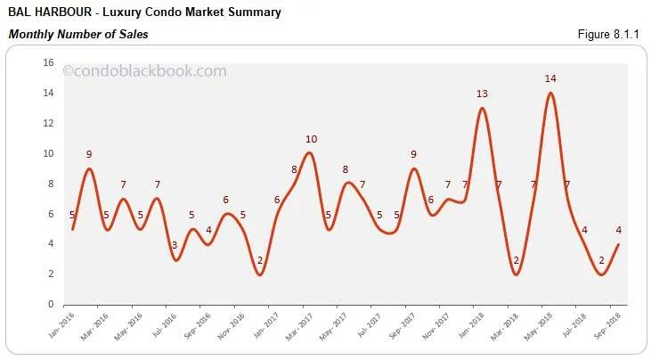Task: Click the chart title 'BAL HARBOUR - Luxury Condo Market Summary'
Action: click(144, 12)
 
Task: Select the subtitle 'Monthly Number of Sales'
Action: click(78, 34)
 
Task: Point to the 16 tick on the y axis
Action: click(49, 62)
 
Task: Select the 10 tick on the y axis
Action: click(49, 153)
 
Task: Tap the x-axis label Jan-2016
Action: click(62, 326)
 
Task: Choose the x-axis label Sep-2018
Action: click(608, 326)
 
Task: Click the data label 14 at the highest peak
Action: click(550, 79)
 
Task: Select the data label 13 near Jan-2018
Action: click(482, 94)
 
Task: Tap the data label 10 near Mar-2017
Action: click(311, 139)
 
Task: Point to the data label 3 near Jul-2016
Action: click(175, 244)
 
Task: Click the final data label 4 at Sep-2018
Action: click(618, 229)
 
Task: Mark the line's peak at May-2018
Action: click(550, 93)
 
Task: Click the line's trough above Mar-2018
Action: click(517, 274)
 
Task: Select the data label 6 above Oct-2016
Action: click(226, 200)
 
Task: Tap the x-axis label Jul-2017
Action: click(370, 326)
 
